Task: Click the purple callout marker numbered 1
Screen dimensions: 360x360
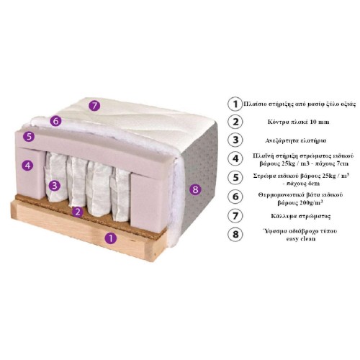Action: point(111,238)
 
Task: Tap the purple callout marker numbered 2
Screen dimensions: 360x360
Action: point(78,212)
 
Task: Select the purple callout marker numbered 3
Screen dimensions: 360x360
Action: point(55,185)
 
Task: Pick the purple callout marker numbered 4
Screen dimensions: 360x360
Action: point(28,165)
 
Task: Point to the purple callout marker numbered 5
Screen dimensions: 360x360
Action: point(29,137)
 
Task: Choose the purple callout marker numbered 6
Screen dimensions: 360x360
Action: point(55,121)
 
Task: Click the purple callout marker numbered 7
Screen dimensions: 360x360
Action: point(94,106)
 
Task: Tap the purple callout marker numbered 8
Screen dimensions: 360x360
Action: point(196,189)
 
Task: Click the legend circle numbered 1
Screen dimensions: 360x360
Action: point(235,104)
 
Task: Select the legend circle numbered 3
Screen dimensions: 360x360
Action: point(235,140)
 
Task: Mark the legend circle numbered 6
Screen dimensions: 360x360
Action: point(235,197)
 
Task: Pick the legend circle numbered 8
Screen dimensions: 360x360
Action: point(235,234)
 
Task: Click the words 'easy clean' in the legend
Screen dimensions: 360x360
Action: point(301,239)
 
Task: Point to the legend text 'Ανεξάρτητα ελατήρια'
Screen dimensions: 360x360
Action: point(296,140)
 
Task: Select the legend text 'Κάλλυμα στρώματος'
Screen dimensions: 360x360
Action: point(300,216)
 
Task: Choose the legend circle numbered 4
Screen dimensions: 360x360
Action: point(235,158)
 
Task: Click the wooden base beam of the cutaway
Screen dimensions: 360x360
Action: point(89,230)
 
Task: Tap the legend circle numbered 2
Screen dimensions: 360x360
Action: point(235,122)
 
